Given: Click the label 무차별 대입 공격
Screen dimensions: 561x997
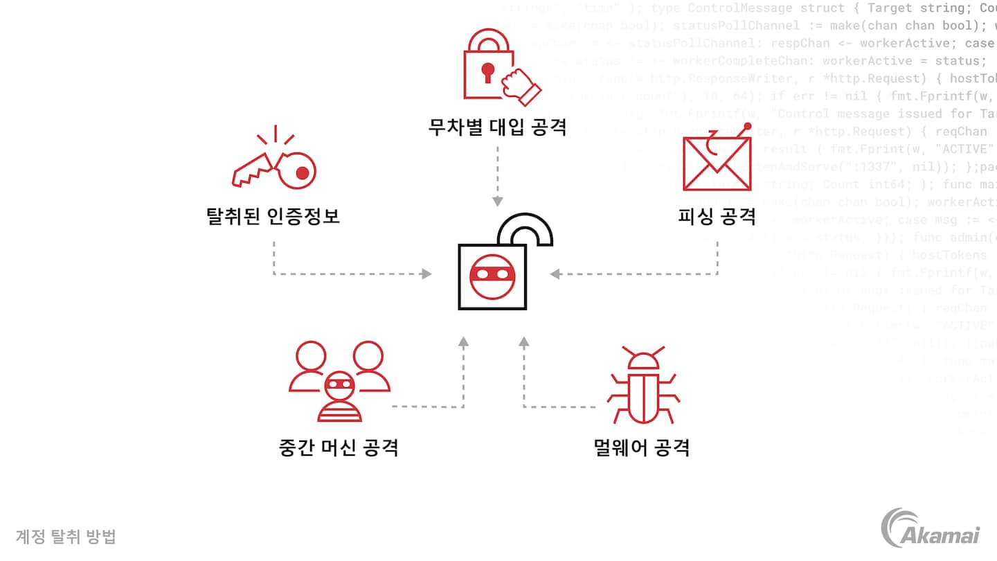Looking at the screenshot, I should point(497,127).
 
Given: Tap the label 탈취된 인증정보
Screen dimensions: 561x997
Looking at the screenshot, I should point(273,216).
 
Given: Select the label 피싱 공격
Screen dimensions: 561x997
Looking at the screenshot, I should point(717,216).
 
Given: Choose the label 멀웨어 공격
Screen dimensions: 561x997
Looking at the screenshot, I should point(641,447).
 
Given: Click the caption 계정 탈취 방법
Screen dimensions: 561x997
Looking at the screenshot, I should point(66,537).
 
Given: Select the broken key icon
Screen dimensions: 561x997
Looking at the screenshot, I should point(274,162).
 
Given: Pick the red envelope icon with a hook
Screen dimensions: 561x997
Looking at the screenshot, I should point(717,160).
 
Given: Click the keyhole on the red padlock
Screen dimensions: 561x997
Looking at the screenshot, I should point(488,72).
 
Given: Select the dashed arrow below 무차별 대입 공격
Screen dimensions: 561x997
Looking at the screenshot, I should point(497,177).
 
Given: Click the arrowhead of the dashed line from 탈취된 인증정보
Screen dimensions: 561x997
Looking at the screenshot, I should point(426,274).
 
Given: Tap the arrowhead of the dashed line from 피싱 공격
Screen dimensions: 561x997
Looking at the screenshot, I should point(555,274).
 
